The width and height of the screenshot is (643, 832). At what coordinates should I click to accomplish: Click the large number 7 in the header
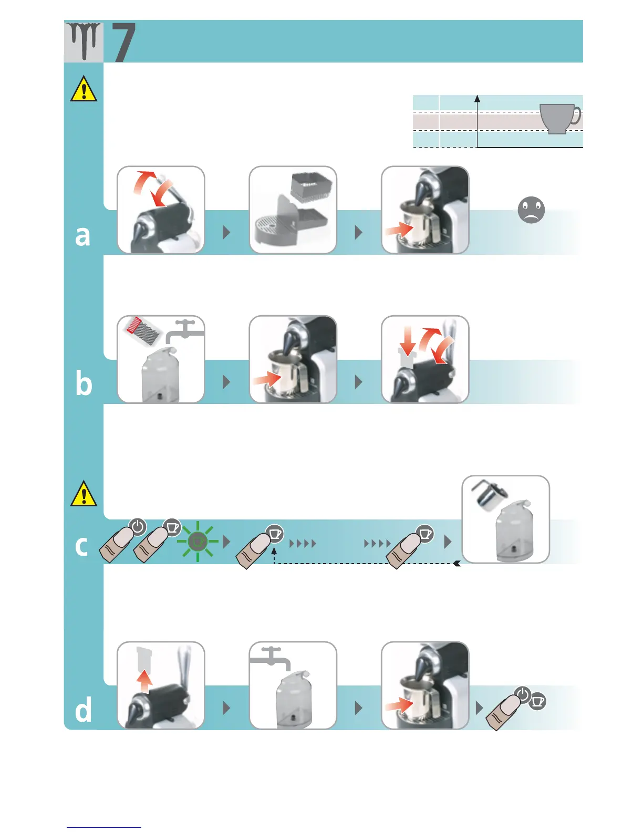pos(124,42)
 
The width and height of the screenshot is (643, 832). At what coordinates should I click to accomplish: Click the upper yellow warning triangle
pos(84,89)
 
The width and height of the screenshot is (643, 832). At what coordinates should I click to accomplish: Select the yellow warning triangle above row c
pos(84,494)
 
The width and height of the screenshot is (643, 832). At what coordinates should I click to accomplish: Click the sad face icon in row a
pos(531,210)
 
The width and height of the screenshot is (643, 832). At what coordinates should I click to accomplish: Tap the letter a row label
pos(82,236)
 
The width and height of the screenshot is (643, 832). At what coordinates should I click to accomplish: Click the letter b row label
pos(84,384)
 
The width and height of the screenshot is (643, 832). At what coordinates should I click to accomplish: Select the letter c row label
pos(81,546)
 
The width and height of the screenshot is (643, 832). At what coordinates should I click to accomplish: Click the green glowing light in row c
pos(198,542)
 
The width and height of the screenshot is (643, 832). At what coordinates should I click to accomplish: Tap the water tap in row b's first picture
pos(186,329)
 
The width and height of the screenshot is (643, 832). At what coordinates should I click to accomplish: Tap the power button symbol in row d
pos(522,695)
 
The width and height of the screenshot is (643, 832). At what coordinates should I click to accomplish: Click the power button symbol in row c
pos(138,526)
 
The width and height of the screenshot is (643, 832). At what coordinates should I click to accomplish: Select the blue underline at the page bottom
pos(104,827)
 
